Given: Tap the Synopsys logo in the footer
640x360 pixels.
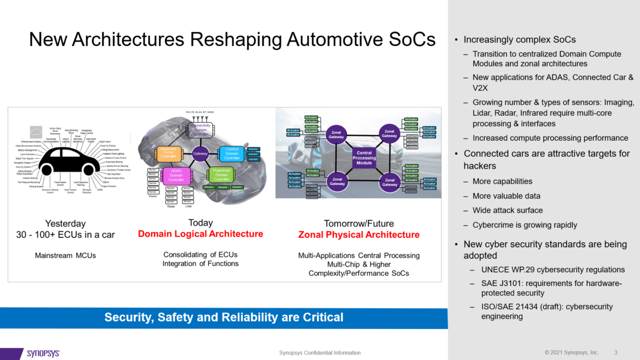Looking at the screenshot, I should pos(43,353).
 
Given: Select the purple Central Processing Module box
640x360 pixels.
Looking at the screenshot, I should pos(364,157).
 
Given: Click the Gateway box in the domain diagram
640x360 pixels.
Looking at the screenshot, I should pos(201,154).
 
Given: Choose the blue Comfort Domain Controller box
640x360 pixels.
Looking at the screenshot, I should pos(232,154).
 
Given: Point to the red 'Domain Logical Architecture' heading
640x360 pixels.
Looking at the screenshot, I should pos(201,234).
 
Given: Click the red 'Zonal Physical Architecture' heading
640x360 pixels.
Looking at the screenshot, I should pos(358,235).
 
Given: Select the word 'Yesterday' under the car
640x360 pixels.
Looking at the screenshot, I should pos(65,223).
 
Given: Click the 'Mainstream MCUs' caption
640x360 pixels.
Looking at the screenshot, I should pos(66,255).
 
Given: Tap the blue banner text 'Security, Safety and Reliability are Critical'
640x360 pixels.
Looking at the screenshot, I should pos(224,318).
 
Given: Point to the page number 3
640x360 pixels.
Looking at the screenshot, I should pos(616,353).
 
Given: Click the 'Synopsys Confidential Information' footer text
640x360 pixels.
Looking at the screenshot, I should pos(320,353).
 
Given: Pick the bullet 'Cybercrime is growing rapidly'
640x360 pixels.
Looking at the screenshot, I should pos(517,225).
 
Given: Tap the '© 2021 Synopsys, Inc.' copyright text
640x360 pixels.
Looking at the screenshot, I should pos(571,353).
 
